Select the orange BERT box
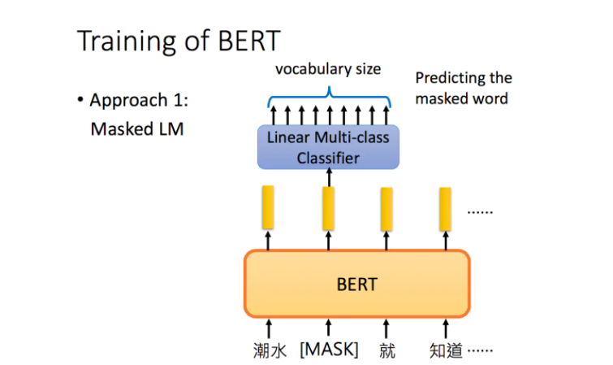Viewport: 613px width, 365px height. click(x=356, y=284)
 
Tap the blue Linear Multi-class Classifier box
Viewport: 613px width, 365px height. click(x=328, y=147)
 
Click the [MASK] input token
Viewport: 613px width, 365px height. click(x=329, y=350)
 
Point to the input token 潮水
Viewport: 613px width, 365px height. click(x=269, y=351)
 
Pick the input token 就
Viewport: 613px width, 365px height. click(x=387, y=351)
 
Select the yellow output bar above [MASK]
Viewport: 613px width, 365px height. click(x=328, y=207)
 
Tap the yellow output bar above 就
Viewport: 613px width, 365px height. click(x=387, y=207)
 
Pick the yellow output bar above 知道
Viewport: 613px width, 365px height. click(x=446, y=207)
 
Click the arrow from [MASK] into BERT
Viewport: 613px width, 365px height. click(x=328, y=327)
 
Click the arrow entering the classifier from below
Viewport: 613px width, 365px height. click(x=328, y=176)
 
